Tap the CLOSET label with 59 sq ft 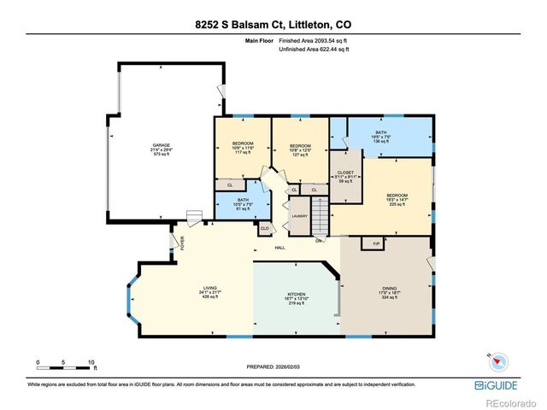345,177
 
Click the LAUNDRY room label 299,216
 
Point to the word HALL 279,248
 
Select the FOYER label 182,243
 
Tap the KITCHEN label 297,299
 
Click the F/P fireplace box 373,244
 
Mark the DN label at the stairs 318,240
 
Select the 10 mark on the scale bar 91,362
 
